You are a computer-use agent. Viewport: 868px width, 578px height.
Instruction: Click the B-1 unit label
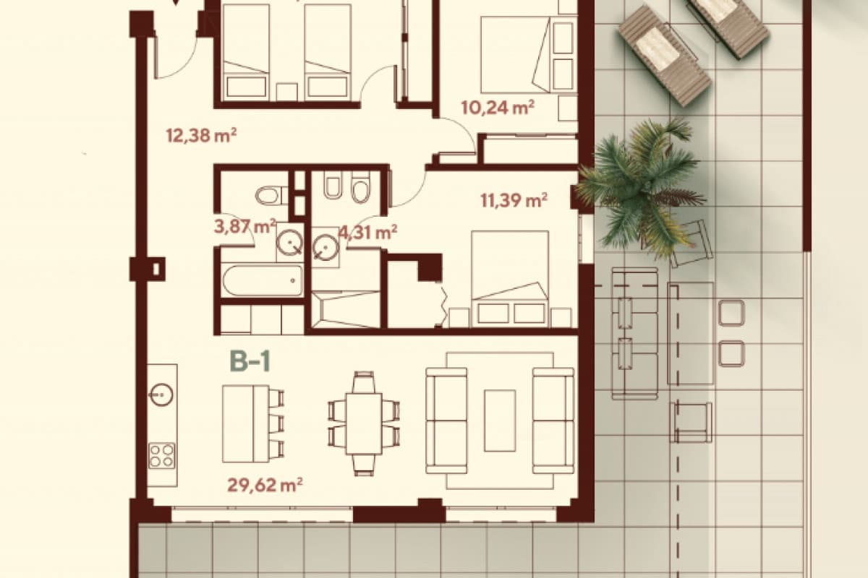tap(250, 361)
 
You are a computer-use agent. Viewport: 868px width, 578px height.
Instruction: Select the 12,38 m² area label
tap(201, 135)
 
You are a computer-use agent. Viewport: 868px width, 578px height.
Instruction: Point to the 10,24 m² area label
tap(498, 108)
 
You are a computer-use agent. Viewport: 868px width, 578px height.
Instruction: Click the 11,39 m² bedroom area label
tap(514, 200)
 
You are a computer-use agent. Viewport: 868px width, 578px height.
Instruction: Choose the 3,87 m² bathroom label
tap(244, 227)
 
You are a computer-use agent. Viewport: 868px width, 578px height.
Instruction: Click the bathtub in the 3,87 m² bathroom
tap(262, 280)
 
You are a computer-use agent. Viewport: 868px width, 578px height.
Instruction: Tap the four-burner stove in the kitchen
tap(161, 455)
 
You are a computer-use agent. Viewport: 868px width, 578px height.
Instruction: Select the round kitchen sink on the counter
tap(161, 394)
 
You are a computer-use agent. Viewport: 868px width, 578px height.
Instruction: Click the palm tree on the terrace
tap(640, 186)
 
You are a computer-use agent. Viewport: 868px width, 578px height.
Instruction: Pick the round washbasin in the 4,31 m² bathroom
tap(325, 246)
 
